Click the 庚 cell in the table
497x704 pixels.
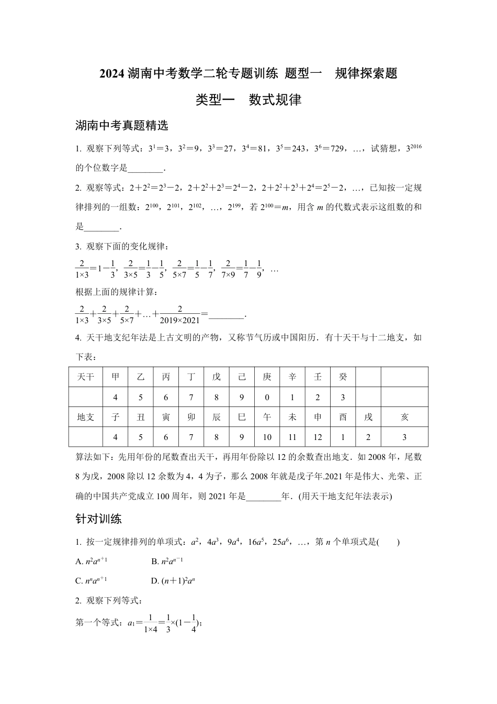coord(267,377)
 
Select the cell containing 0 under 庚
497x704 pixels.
coord(267,398)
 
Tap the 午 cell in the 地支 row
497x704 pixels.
coord(267,417)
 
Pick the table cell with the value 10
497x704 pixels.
coord(267,437)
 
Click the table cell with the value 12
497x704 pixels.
coord(318,437)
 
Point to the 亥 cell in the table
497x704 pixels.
coord(404,417)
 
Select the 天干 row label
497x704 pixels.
coord(85,377)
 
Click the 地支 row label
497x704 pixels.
coord(85,417)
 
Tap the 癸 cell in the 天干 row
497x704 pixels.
coord(343,377)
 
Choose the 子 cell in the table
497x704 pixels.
coord(116,417)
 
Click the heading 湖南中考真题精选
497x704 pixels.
coord(121,126)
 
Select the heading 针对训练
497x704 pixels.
coord(99,519)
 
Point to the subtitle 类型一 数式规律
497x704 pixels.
coord(248,100)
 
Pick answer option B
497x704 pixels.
coord(167,561)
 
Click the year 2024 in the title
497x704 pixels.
coord(112,74)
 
